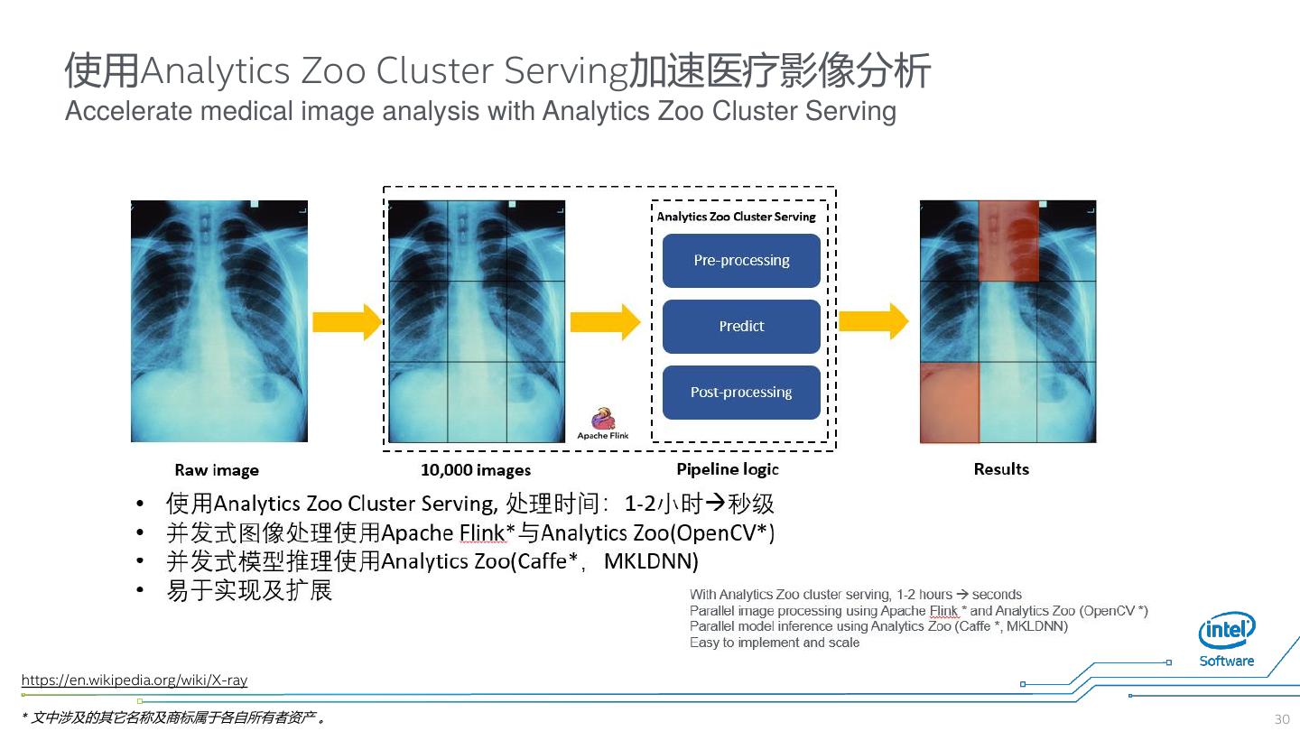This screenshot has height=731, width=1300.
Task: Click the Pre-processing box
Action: click(x=741, y=261)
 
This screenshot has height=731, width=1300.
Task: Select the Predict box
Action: click(x=741, y=327)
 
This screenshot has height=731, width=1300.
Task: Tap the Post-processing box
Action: click(x=741, y=393)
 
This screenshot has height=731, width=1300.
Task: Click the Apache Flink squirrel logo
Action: click(x=602, y=420)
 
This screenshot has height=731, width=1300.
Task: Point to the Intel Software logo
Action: click(x=1227, y=640)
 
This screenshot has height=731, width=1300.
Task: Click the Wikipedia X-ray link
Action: click(x=135, y=680)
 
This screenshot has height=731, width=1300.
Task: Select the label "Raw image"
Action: click(x=217, y=470)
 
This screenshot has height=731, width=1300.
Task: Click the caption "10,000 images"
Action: click(x=476, y=470)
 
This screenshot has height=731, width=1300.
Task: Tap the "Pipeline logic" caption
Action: click(x=728, y=469)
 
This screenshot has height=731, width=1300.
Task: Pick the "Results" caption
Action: click(x=1001, y=469)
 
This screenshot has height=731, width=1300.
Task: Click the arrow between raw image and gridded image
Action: click(x=348, y=322)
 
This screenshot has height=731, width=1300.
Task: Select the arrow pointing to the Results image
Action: click(x=873, y=321)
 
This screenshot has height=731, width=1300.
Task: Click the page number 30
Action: click(x=1282, y=719)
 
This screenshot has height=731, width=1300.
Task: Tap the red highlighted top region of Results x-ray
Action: click(x=1008, y=241)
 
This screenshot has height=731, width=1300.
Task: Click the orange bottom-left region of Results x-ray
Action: click(x=950, y=403)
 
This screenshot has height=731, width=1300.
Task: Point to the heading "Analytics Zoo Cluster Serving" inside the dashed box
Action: click(x=736, y=217)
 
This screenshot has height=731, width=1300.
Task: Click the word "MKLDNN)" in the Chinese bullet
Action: click(x=651, y=561)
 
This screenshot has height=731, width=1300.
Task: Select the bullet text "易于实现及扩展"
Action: click(x=249, y=591)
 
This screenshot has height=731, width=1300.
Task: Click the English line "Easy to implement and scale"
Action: click(x=775, y=643)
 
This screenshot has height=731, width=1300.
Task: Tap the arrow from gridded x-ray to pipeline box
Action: click(x=605, y=322)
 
